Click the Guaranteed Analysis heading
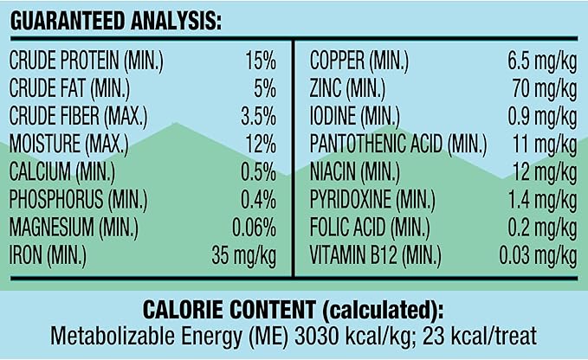click(115, 21)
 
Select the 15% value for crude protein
click(261, 61)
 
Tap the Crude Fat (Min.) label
click(69, 88)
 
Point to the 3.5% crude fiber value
click(258, 116)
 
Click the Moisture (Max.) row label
click(68, 144)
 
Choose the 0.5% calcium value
click(258, 171)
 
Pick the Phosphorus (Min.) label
click(79, 199)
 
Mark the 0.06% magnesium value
click(255, 227)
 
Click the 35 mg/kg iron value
click(243, 255)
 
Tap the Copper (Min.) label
click(359, 61)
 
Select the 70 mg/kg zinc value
click(545, 89)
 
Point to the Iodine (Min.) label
click(355, 116)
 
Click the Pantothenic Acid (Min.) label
click(398, 144)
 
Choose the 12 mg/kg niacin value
click(545, 172)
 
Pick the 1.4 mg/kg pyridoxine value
click(543, 200)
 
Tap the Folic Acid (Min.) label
click(370, 227)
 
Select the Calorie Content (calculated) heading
click(294, 310)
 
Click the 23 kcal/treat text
click(480, 337)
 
